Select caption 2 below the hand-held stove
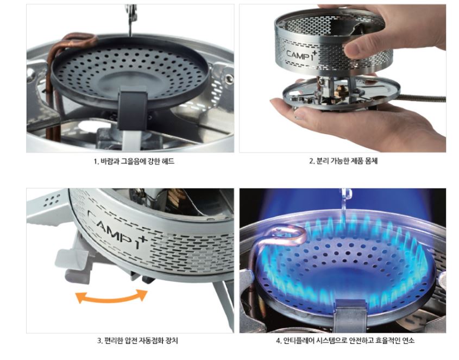point(343,161)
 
